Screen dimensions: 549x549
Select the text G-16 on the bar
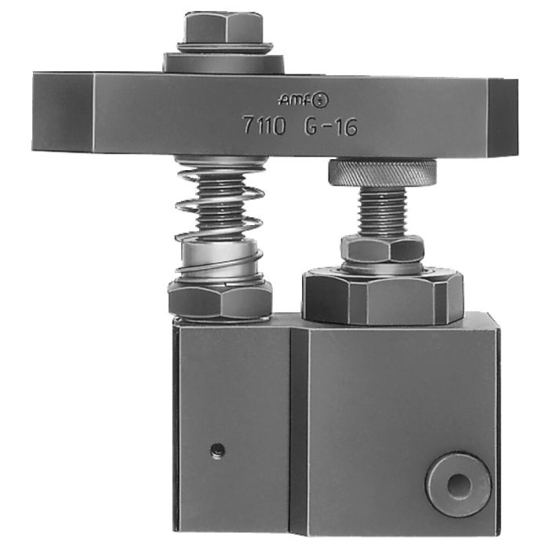[330, 126]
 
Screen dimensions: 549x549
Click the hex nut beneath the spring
[220, 298]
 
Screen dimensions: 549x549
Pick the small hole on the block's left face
[218, 450]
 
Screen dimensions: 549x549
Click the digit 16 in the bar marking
[344, 126]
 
